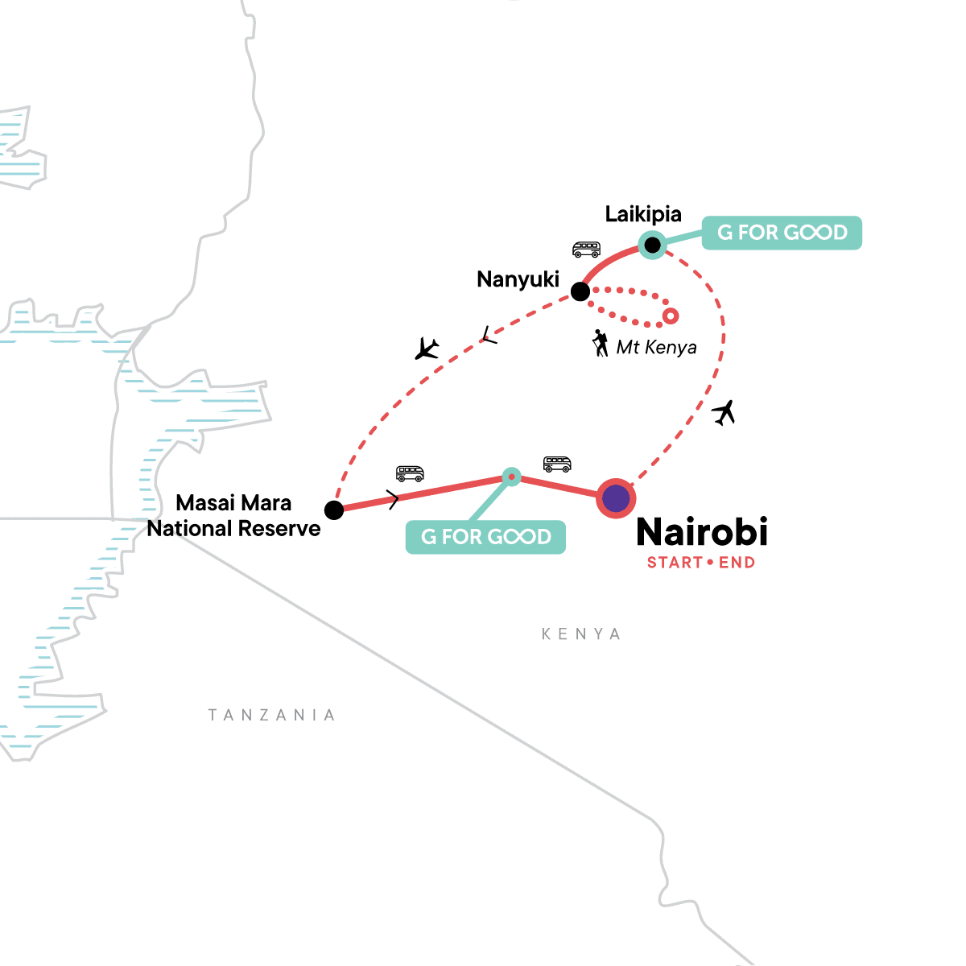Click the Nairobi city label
702,532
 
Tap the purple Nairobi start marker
616,499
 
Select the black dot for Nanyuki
580,291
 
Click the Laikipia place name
643,214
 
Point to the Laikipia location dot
653,244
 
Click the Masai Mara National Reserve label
233,516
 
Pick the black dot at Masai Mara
334,510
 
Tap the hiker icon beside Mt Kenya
601,343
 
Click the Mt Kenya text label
656,348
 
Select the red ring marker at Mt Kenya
670,316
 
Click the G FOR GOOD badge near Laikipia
782,233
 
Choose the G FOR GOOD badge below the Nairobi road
486,537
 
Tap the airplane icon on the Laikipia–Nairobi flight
724,413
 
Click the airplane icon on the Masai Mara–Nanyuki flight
427,349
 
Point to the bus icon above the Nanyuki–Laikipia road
586,250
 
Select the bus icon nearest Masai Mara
410,473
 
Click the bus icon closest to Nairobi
557,464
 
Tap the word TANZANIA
272,715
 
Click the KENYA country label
581,634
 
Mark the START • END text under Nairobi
701,563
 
